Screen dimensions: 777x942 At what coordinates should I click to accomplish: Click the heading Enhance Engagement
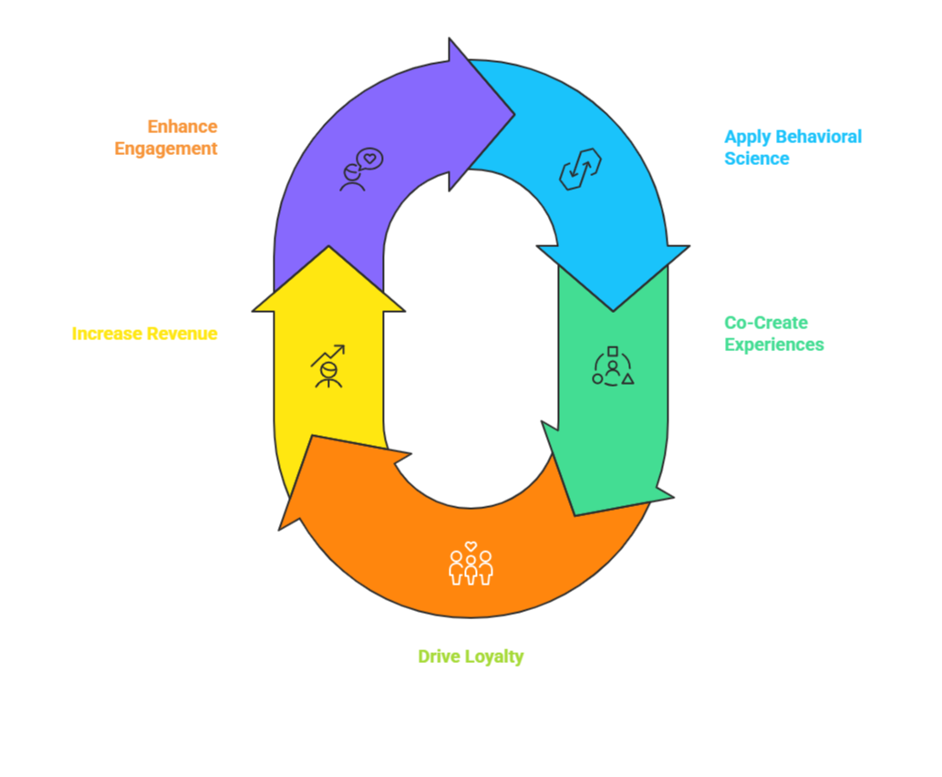click(166, 138)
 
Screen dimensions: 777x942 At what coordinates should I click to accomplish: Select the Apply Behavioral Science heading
click(792, 147)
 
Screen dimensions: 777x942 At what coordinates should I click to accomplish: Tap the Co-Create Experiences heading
click(774, 333)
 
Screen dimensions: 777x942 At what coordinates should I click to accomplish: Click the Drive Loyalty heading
click(471, 657)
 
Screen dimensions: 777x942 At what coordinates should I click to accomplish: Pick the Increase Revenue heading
click(144, 334)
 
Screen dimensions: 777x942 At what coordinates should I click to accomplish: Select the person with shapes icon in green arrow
click(613, 366)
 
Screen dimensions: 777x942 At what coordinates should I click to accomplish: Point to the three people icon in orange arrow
click(471, 564)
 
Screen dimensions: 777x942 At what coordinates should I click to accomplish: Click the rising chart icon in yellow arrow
click(327, 366)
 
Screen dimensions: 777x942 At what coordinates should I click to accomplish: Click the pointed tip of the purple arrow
click(512, 115)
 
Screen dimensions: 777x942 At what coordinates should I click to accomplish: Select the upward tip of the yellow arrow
click(327, 248)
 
